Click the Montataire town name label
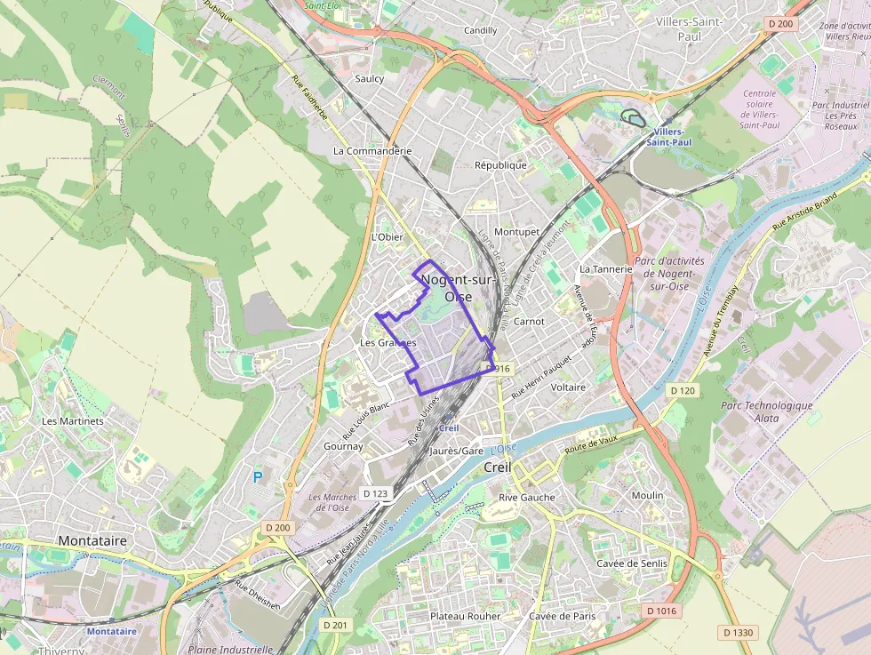(x=92, y=540)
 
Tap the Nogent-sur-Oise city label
(x=458, y=288)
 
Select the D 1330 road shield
(x=738, y=633)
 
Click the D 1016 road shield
(x=661, y=611)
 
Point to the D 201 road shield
(x=335, y=626)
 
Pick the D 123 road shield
(x=376, y=493)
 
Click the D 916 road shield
(x=499, y=368)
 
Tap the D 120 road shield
(x=682, y=391)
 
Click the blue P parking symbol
(x=258, y=477)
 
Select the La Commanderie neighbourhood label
(x=372, y=151)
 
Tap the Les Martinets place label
(x=73, y=421)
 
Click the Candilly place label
(x=481, y=30)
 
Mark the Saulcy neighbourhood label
(x=370, y=79)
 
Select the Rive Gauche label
(x=527, y=498)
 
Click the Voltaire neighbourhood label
(x=569, y=387)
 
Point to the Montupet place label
(x=517, y=232)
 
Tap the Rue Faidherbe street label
(x=310, y=99)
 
